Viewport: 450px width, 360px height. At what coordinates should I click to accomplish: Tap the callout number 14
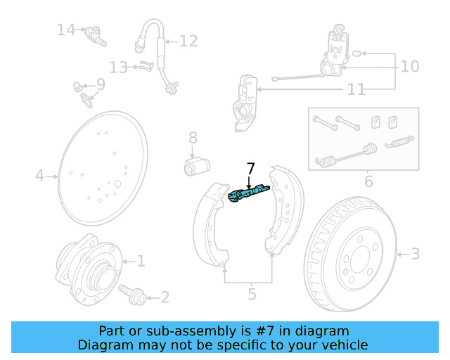66,30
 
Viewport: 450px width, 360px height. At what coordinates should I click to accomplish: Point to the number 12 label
188,41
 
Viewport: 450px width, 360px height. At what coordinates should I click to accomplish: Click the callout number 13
118,67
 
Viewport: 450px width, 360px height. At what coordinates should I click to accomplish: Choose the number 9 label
101,84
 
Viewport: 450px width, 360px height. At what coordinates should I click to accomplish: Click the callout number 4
39,175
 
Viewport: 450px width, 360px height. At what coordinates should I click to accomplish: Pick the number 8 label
193,138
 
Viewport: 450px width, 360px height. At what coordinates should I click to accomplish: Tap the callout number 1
141,262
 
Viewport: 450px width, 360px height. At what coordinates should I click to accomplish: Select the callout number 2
165,297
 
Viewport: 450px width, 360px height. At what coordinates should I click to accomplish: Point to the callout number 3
415,253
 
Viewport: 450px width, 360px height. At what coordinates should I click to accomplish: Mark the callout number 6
368,182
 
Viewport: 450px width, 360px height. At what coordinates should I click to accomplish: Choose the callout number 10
409,66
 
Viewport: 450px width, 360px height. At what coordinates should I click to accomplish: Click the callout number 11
356,89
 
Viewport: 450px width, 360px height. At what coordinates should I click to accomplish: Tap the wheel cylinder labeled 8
197,167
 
